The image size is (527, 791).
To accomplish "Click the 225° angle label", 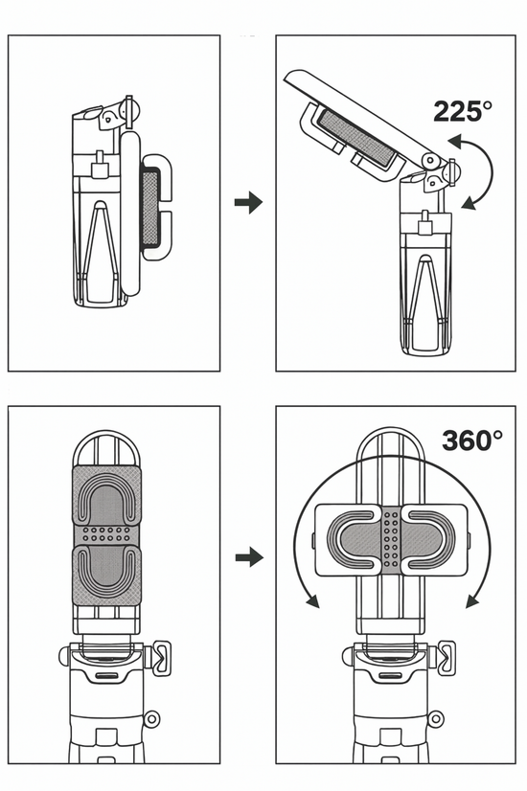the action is click(x=463, y=111).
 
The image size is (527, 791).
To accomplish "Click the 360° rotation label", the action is click(x=472, y=440).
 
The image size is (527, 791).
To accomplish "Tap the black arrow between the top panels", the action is click(x=248, y=202).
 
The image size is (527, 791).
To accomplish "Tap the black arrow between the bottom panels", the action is click(x=249, y=557).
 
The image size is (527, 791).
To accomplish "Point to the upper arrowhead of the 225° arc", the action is click(x=455, y=142).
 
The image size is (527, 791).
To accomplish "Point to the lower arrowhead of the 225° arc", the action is click(x=470, y=203).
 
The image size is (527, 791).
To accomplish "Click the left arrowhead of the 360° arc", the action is click(x=312, y=600).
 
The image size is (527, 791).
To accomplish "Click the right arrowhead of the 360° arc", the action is click(x=472, y=600).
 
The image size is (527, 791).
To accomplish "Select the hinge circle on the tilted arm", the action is click(x=429, y=161).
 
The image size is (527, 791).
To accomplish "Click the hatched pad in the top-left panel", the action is click(x=150, y=209).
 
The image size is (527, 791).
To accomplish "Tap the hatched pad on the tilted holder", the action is click(x=355, y=137).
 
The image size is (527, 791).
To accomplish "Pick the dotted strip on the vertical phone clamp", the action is click(x=106, y=534).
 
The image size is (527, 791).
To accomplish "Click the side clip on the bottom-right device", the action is click(x=447, y=658).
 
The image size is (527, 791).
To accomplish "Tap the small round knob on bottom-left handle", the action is click(x=151, y=718).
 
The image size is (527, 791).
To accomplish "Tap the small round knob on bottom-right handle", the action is click(x=436, y=718).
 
